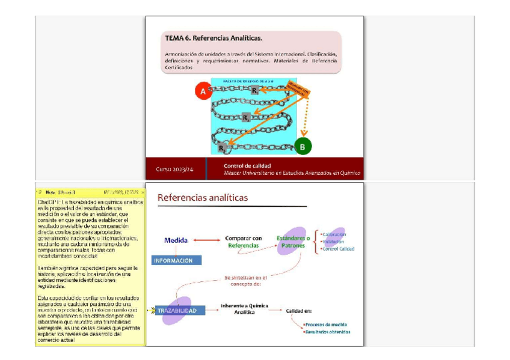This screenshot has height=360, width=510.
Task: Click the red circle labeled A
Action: click(x=203, y=91)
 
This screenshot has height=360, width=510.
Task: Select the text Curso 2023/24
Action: click(x=174, y=169)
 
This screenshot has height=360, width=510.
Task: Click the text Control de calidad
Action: click(x=247, y=165)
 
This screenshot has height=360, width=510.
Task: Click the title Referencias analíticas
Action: click(x=203, y=197)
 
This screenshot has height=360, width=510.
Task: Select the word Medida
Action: click(x=176, y=240)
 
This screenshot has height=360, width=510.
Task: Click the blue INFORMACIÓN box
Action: click(x=173, y=260)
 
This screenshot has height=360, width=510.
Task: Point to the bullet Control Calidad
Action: click(x=339, y=249)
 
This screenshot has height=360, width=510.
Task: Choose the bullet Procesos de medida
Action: click(x=327, y=325)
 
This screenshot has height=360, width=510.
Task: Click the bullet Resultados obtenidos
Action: click(x=328, y=332)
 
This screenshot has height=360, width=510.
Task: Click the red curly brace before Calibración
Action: click(x=316, y=242)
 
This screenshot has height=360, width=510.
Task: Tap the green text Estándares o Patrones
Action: click(x=293, y=242)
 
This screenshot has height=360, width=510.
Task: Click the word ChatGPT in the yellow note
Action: click(x=48, y=202)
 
